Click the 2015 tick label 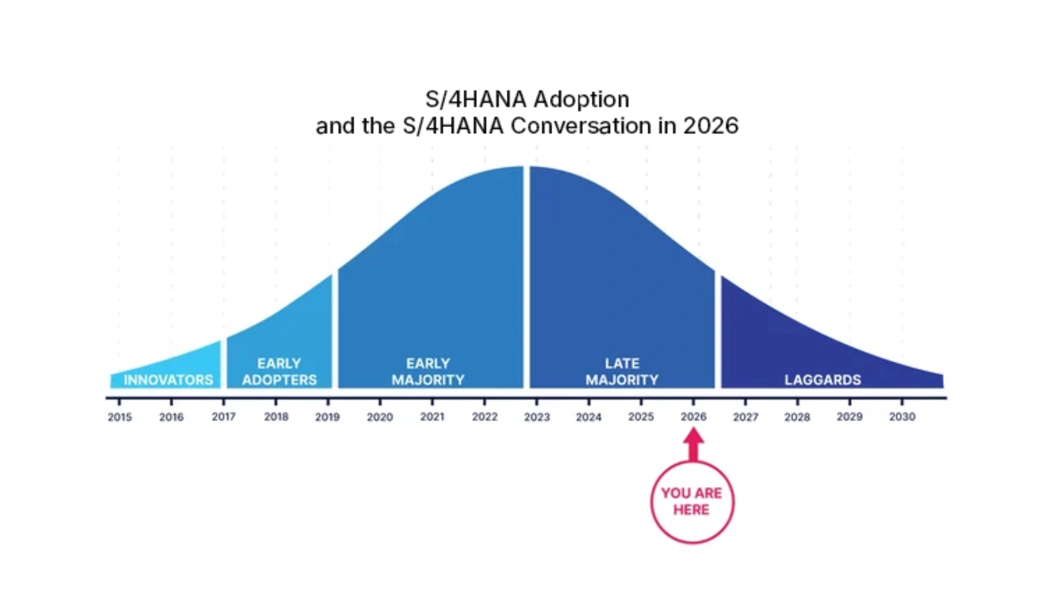point(120,417)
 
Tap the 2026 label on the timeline point(694,417)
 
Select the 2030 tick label point(902,417)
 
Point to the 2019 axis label point(328,417)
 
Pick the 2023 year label point(536,417)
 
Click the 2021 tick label point(432,417)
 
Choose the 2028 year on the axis point(797,417)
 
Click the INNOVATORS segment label point(168,380)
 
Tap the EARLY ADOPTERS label point(279,372)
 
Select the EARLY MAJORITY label point(428,372)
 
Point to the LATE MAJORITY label point(622,372)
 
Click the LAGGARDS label point(822,380)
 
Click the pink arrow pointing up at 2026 point(694,444)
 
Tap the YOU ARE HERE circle point(692,502)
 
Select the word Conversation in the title point(581,126)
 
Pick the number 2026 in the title point(711,126)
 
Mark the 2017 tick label point(224,417)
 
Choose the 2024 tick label point(588,417)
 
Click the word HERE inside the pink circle point(692,510)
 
